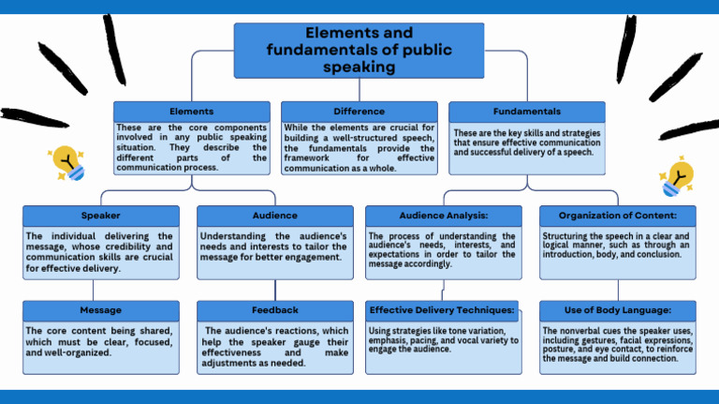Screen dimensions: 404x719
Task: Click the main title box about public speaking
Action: (359, 51)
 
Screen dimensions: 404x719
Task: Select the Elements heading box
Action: (191, 112)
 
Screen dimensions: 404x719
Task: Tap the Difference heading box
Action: (359, 112)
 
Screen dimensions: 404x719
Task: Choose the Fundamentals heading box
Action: (526, 112)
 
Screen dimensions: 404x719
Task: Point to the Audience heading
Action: (274, 216)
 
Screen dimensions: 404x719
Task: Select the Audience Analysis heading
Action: (443, 216)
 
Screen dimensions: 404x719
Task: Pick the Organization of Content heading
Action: (618, 216)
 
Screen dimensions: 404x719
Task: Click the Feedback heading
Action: (274, 310)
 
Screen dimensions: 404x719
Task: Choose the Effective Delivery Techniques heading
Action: (443, 310)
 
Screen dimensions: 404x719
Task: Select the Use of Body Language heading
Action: (618, 310)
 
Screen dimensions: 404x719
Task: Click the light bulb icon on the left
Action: (68, 163)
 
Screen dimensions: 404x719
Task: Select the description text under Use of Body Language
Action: (618, 344)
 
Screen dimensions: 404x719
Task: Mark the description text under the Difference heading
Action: (359, 147)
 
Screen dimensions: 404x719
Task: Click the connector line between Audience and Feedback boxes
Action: (275, 290)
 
